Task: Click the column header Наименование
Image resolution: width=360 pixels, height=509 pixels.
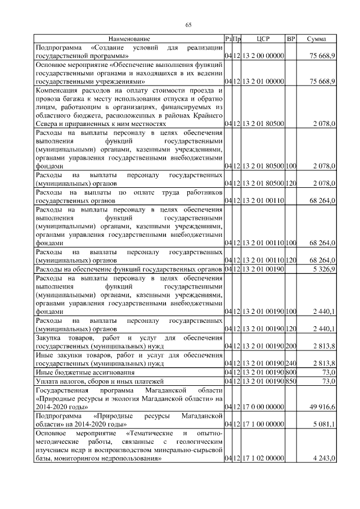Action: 129,39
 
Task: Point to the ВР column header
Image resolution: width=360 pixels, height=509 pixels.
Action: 291,39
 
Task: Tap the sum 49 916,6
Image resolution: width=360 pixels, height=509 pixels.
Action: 323,406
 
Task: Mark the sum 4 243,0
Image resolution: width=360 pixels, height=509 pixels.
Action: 325,460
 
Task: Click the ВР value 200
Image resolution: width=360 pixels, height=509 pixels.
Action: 291,346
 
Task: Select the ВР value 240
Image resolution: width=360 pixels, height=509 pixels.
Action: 291,363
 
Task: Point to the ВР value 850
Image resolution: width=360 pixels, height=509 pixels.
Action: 291,381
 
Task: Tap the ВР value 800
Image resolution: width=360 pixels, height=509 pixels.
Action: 291,372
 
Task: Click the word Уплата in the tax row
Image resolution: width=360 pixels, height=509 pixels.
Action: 47,381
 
